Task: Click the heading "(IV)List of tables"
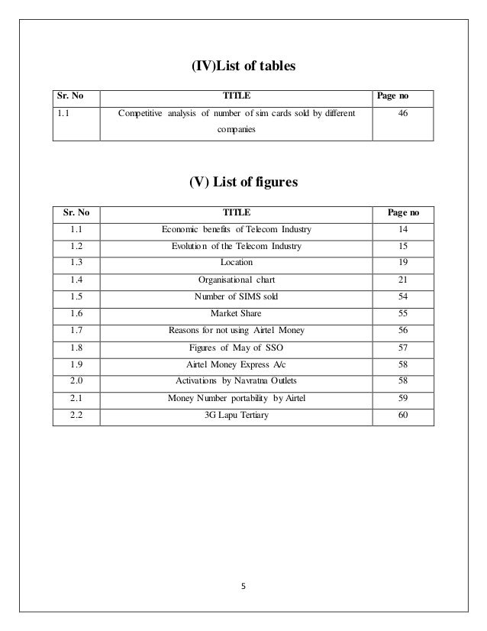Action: [243, 68]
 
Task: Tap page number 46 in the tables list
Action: [402, 116]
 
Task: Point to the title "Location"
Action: [236, 262]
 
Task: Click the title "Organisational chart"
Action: [236, 279]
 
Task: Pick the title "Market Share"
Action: [236, 312]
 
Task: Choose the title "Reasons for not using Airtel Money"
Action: [236, 330]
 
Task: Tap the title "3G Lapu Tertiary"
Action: [236, 415]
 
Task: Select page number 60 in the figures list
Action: [402, 415]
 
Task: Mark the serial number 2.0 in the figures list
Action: [76, 380]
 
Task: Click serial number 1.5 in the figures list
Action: [76, 296]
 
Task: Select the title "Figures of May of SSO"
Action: [236, 347]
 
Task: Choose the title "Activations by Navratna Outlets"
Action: [236, 380]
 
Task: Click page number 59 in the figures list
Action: [402, 397]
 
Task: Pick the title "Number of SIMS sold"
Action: [236, 296]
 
